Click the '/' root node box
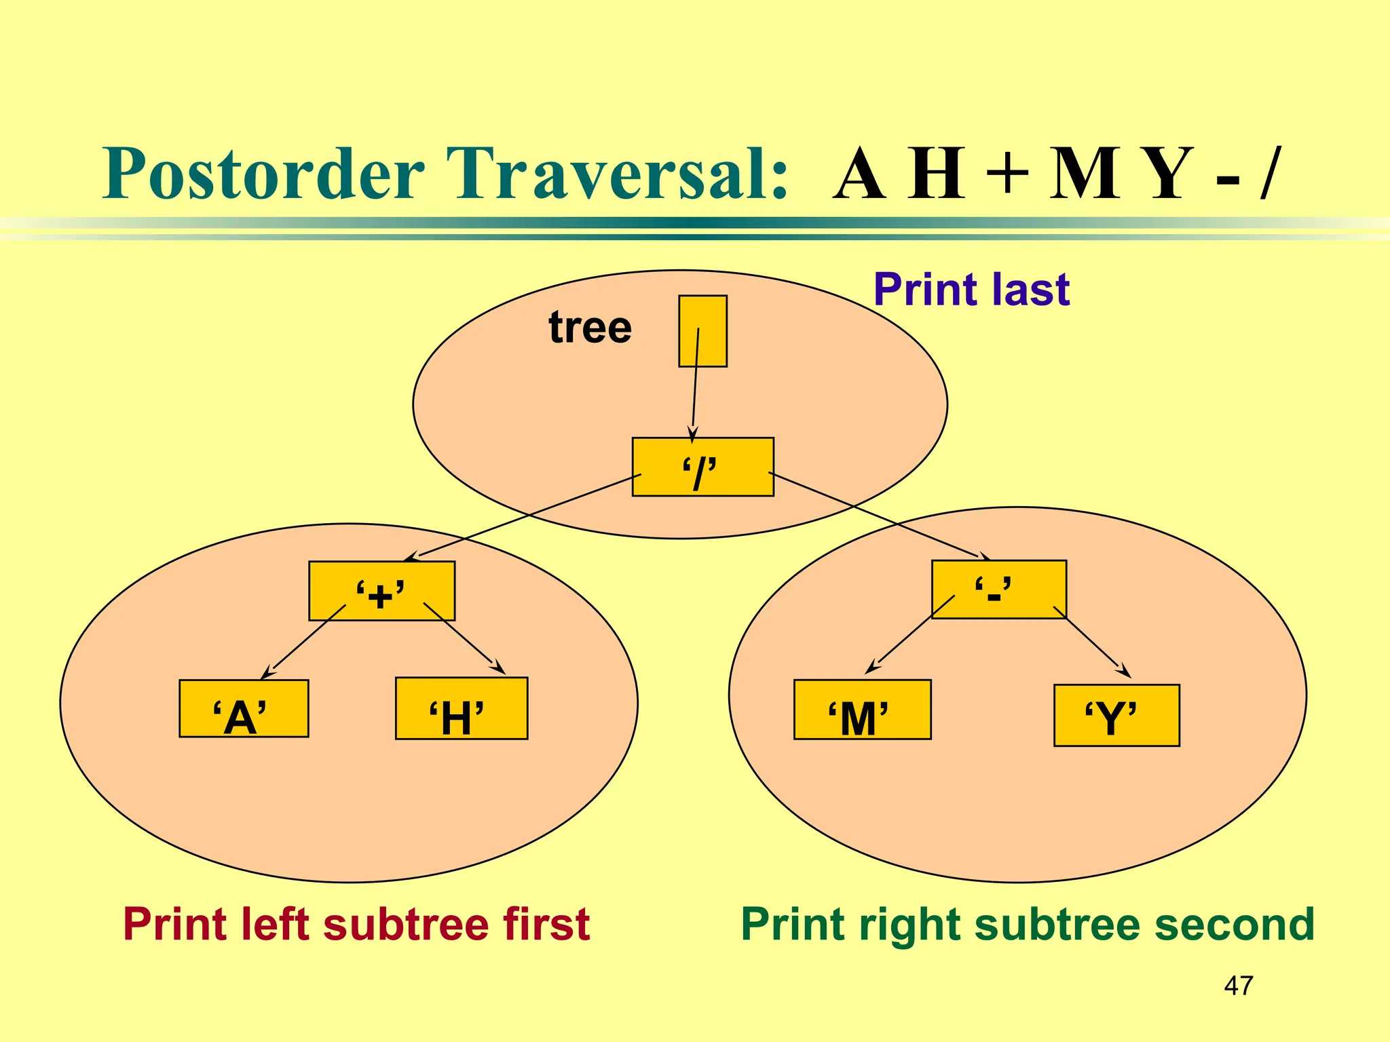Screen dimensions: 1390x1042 [x=702, y=467]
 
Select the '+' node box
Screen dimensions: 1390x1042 [x=381, y=591]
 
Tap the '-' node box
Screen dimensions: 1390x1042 [x=998, y=589]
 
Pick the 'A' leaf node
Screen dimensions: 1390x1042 [x=244, y=709]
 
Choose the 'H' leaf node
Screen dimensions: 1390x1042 [x=462, y=709]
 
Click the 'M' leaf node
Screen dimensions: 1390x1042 [x=862, y=710]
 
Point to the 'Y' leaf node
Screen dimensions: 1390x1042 [x=1116, y=716]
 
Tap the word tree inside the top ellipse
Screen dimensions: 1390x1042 [x=590, y=328]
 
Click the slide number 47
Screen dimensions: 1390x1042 [x=1239, y=986]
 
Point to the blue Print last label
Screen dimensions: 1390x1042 [x=971, y=290]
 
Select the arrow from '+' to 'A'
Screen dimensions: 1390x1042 [x=304, y=641]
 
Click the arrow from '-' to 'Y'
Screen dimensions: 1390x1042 [x=1091, y=641]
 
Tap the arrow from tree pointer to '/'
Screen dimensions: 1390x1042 [x=695, y=387]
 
